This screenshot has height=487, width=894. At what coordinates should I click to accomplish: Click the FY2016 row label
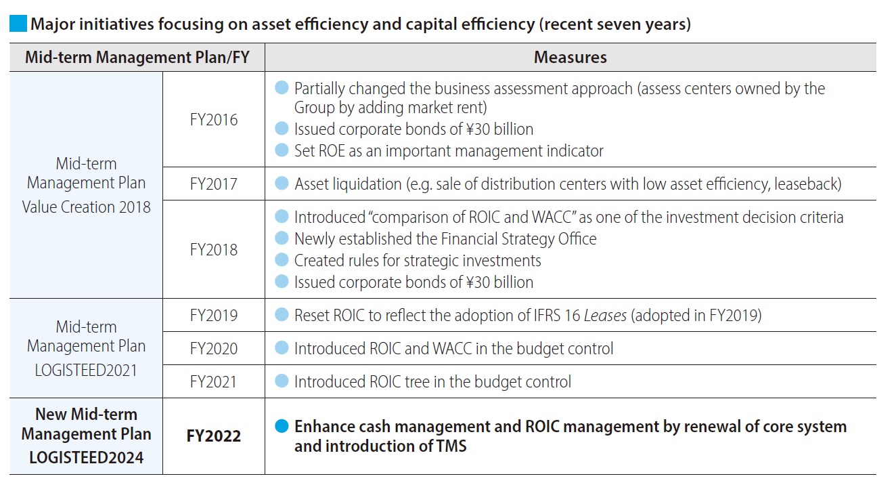pyautogui.click(x=214, y=120)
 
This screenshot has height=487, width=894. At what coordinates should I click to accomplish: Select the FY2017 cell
pyautogui.click(x=214, y=184)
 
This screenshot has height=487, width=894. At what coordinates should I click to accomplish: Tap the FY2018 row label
pyautogui.click(x=214, y=249)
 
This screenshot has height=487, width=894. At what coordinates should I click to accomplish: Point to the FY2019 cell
pyautogui.click(x=214, y=315)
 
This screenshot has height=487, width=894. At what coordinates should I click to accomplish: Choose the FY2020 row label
pyautogui.click(x=214, y=348)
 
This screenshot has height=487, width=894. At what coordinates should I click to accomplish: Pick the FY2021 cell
pyautogui.click(x=214, y=381)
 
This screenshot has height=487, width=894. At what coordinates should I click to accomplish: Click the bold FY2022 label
pyautogui.click(x=214, y=436)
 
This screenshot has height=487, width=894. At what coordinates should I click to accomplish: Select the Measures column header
pyautogui.click(x=570, y=58)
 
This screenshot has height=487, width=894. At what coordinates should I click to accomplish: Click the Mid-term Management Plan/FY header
pyautogui.click(x=137, y=58)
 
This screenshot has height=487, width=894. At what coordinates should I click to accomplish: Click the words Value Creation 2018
pyautogui.click(x=86, y=207)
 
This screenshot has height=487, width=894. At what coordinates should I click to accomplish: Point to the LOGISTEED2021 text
pyautogui.click(x=86, y=370)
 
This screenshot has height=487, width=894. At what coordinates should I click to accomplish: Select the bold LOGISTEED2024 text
pyautogui.click(x=86, y=457)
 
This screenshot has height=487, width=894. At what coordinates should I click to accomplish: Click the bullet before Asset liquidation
pyautogui.click(x=282, y=184)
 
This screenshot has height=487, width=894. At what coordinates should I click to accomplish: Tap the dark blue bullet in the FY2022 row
pyautogui.click(x=282, y=427)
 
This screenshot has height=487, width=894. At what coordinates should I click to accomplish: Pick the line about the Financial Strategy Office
pyautogui.click(x=445, y=238)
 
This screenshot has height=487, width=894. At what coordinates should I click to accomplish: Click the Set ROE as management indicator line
pyautogui.click(x=448, y=150)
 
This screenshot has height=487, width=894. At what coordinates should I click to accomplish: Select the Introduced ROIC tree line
pyautogui.click(x=432, y=381)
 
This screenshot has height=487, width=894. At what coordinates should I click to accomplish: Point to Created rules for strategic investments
pyautogui.click(x=418, y=260)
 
